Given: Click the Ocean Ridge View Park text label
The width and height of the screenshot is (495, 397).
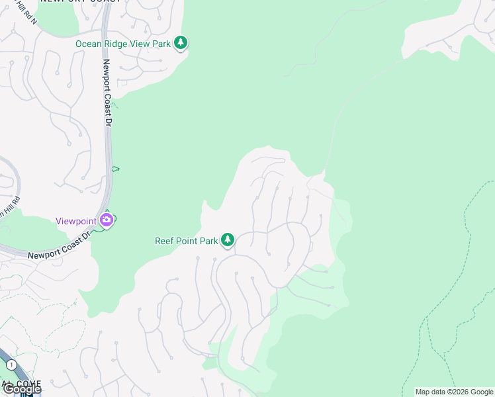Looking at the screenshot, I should click(x=123, y=44).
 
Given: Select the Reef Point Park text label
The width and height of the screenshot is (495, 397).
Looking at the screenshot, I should click(x=187, y=241).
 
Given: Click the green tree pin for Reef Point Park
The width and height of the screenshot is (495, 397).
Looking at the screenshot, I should click(x=228, y=240).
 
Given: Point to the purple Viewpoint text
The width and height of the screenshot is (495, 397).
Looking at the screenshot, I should click(x=75, y=221).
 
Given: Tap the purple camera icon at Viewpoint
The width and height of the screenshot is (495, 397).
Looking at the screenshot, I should click(x=107, y=220).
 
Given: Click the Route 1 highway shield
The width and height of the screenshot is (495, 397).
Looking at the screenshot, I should click(x=11, y=365).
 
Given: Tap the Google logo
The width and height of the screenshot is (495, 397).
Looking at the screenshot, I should click(x=21, y=389).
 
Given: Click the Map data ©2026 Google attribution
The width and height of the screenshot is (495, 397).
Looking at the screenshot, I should click(x=454, y=392).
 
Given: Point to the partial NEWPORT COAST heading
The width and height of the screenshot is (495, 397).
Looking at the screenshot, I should click(x=80, y=1).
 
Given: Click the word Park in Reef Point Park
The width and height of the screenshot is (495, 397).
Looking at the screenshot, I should click(x=208, y=241).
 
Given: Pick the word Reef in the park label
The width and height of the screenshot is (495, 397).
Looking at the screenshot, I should click(x=165, y=241).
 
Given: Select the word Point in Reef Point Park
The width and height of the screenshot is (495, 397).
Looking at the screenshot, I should click(x=186, y=241).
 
